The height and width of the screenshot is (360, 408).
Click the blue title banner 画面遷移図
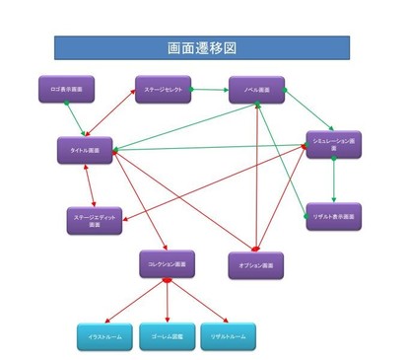click(201, 47)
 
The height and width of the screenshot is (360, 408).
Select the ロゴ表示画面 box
click(66, 90)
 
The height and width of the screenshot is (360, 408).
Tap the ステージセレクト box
click(163, 90)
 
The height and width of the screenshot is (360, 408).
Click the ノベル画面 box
click(256, 90)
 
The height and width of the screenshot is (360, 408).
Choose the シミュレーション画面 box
click(333, 144)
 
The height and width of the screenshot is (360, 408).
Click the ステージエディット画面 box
click(95, 220)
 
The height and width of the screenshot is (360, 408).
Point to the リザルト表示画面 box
click(333, 216)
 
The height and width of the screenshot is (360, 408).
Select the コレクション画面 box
click(167, 263)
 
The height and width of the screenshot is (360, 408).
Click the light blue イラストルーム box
click(104, 336)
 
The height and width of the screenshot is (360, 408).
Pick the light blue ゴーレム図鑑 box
click(167, 336)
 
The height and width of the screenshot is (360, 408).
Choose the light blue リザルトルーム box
click(228, 336)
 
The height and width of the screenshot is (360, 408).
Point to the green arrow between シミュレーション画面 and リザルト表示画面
click(334, 180)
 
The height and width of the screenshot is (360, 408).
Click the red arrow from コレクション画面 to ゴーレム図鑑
click(167, 300)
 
